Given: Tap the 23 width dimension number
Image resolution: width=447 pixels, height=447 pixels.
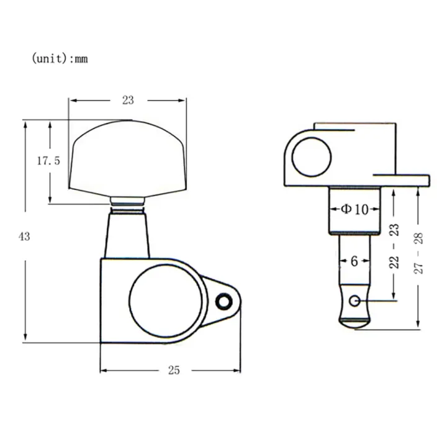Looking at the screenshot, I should (128, 99).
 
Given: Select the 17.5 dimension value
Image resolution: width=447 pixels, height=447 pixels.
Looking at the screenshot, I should (48, 161).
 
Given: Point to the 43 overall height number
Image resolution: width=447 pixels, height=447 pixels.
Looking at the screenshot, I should (24, 236).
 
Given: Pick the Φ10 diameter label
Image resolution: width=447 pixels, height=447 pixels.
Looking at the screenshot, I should (354, 209).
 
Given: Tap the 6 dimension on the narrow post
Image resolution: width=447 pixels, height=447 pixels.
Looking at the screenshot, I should (353, 261).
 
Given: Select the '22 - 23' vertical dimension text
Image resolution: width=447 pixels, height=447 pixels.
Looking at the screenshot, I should (393, 246).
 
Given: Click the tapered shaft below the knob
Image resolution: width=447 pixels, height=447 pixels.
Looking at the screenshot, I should (128, 233).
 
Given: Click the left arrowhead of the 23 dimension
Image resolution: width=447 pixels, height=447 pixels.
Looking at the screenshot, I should (71, 99).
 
